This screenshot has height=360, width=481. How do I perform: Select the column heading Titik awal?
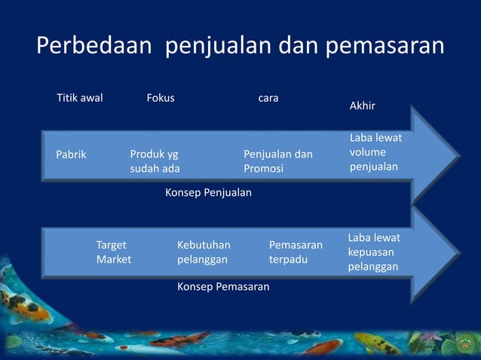point(80,98)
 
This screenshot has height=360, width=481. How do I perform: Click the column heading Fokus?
point(160,98)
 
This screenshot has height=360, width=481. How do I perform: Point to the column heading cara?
point(268,98)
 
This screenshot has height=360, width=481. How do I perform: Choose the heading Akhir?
point(363,106)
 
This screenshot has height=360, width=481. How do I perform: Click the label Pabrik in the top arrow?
point(72,154)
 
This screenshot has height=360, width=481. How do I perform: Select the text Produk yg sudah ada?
point(155,161)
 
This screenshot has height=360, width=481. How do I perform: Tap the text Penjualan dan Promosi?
point(277,161)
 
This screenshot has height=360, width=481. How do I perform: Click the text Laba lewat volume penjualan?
point(375,152)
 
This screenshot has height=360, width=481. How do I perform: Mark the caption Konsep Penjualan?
point(208,193)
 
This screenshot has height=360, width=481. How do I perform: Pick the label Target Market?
point(113,252)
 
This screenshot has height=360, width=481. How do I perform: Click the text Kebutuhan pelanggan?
point(204,252)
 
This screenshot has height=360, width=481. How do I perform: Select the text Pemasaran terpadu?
point(296,252)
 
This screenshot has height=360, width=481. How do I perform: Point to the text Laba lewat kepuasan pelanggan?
point(374,252)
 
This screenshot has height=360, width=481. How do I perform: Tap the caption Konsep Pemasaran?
point(222,287)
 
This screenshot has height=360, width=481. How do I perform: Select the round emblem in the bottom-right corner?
point(465,345)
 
